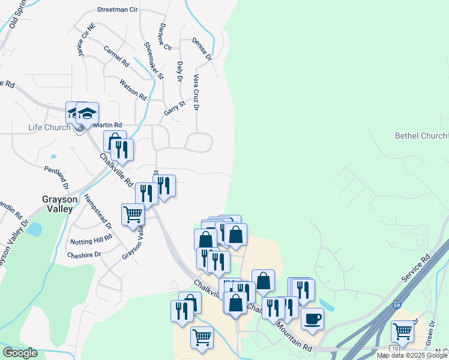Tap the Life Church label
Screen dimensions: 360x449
[50, 127]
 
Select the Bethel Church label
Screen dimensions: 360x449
[421, 136]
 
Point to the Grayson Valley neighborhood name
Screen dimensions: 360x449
[58, 204]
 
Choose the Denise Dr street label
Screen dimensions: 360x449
[202, 50]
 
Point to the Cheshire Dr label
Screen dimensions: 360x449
[84, 254]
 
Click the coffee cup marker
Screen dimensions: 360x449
[312, 319]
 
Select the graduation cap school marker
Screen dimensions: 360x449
[87, 113]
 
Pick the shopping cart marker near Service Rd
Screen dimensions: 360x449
[402, 331]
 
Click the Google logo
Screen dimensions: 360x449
[20, 353]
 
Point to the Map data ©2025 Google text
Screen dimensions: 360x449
[412, 355]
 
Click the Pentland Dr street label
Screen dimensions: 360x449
[56, 178]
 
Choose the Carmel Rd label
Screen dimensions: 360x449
[116, 56]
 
